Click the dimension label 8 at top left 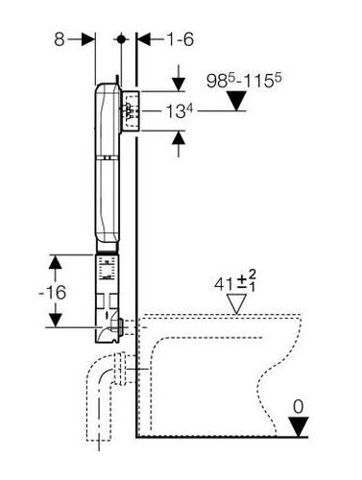pos(60,40)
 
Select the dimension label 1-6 pos(180,40)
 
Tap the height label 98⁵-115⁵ pos(244,81)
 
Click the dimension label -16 pos(53,293)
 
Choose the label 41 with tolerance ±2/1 pos(235,281)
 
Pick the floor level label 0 pos(299,407)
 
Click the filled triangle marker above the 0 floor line pos(299,426)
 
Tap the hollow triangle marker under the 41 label pos(236,303)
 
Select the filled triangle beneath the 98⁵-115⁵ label pos(236,101)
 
